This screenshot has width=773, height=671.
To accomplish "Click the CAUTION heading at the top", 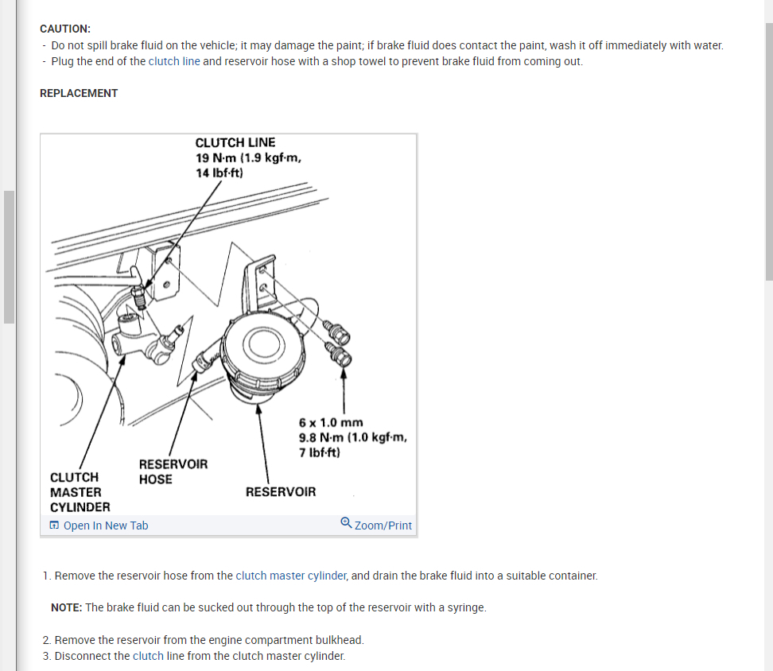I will tap(65, 29).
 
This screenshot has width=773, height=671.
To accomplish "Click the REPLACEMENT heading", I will tap(79, 93).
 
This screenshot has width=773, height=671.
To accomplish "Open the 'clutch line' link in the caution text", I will tap(174, 61).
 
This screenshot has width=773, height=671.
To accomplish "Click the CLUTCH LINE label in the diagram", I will tap(235, 142).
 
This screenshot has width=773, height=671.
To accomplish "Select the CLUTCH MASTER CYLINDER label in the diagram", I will tap(80, 492).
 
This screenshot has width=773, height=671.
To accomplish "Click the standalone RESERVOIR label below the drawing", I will tap(280, 492).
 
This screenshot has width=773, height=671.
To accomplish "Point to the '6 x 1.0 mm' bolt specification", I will tap(331, 422).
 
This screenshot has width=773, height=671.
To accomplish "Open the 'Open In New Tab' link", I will tap(105, 526).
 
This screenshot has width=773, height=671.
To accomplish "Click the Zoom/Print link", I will tap(383, 526).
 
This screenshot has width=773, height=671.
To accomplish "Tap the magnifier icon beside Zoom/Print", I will tap(346, 524).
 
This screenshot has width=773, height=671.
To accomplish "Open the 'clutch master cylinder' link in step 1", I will tap(291, 576).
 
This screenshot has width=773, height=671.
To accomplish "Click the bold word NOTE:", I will tap(67, 607).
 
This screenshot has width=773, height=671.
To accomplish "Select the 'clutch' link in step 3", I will tap(148, 656).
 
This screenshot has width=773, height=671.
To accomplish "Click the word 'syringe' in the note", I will tap(464, 607).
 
